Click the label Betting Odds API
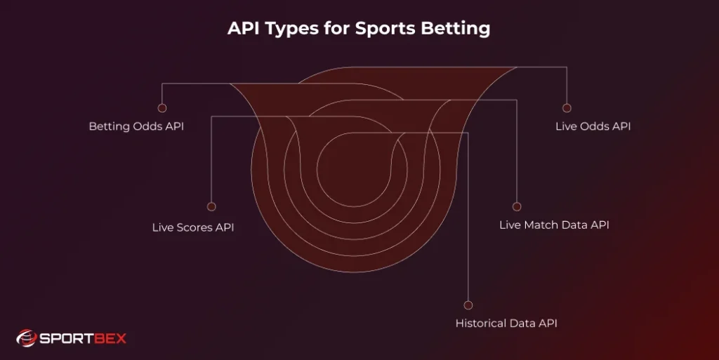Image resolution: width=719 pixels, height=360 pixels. pyautogui.click(x=136, y=127)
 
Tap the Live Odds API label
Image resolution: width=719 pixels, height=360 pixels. pyautogui.click(x=593, y=127)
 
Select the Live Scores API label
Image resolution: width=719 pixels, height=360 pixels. pyautogui.click(x=193, y=227)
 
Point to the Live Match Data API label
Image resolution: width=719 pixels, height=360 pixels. pyautogui.click(x=554, y=225)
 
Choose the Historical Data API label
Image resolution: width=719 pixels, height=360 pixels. pyautogui.click(x=506, y=324)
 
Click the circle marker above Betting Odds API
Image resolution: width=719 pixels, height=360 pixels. pyautogui.click(x=162, y=108)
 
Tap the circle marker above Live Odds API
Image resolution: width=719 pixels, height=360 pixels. pyautogui.click(x=567, y=108)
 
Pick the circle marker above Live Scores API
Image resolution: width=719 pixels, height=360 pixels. pyautogui.click(x=211, y=207)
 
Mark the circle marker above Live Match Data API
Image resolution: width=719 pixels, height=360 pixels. pyautogui.click(x=517, y=207)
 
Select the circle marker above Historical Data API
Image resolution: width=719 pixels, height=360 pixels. pyautogui.click(x=468, y=305)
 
